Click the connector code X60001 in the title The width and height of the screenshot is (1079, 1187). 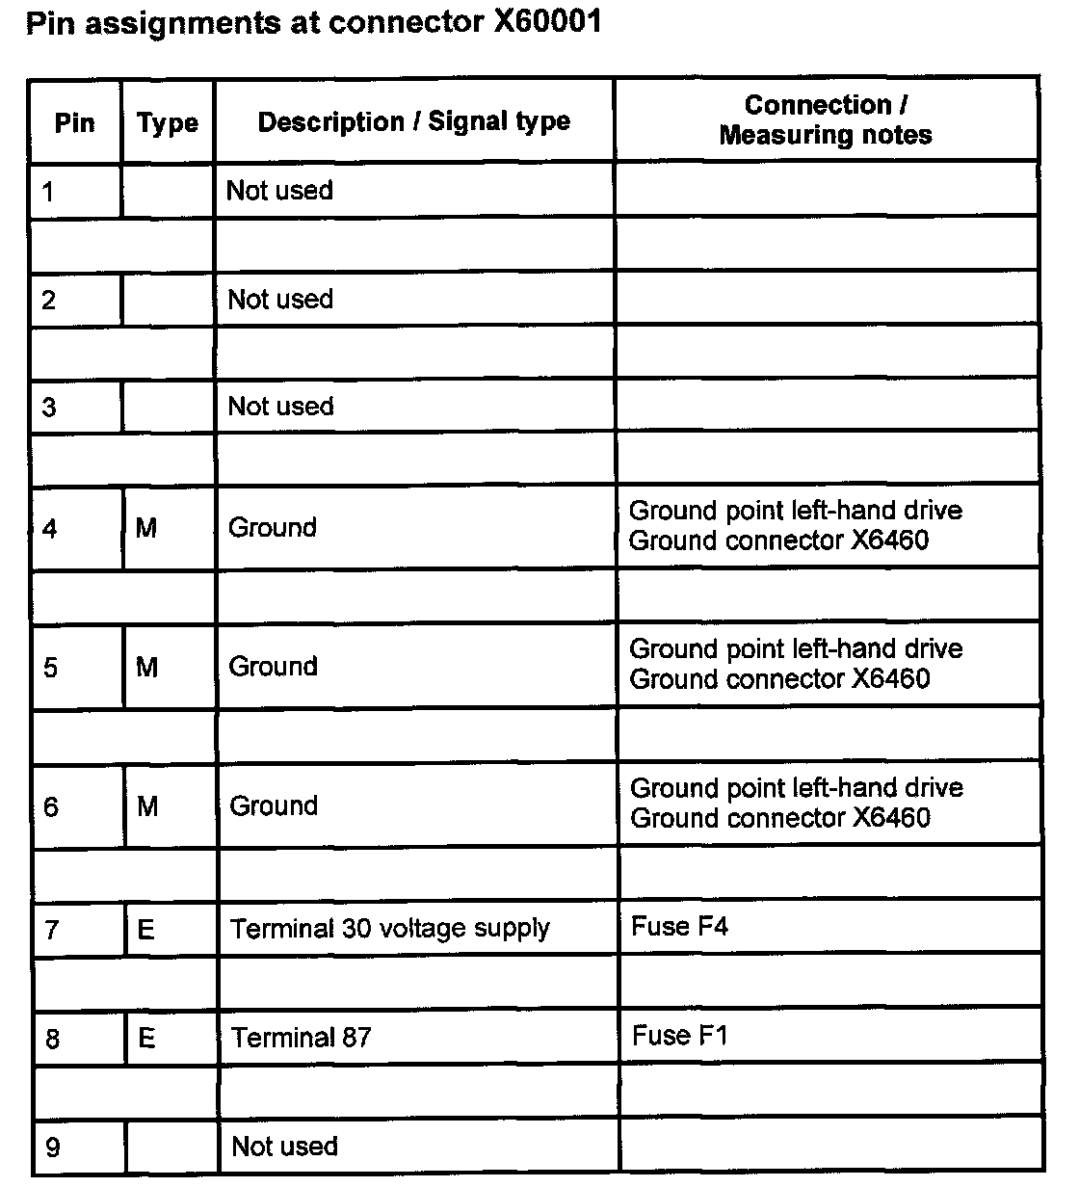click(547, 21)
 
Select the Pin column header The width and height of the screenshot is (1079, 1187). click(75, 123)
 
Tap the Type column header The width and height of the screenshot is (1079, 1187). click(168, 123)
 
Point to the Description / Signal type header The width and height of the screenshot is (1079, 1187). click(414, 121)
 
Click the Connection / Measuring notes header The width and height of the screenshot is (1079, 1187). click(826, 119)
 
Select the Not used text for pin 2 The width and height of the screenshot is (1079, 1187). click(280, 300)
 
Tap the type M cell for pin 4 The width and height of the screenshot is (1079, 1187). click(146, 528)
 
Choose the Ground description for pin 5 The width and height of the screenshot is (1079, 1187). click(273, 667)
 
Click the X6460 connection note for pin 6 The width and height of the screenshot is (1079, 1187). click(890, 819)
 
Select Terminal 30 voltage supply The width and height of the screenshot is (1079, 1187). click(390, 929)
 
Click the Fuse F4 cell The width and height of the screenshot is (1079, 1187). click(680, 927)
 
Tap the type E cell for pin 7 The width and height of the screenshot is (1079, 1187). click(146, 930)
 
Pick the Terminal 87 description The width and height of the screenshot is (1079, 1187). click(302, 1038)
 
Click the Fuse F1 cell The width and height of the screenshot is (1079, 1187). click(680, 1036)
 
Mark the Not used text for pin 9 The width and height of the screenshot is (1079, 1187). click(285, 1147)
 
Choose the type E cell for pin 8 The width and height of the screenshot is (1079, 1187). click(147, 1039)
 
